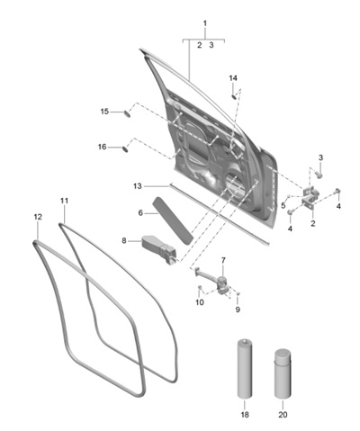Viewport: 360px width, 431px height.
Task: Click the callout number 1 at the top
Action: pyautogui.click(x=205, y=23)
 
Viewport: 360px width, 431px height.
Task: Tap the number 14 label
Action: pyautogui.click(x=233, y=78)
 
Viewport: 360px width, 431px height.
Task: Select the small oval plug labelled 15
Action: pyautogui.click(x=127, y=113)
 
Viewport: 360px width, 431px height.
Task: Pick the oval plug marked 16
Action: pyautogui.click(x=124, y=148)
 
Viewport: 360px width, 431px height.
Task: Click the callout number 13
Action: pyautogui.click(x=138, y=186)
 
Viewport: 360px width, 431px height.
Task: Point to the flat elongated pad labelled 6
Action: pyautogui.click(x=173, y=220)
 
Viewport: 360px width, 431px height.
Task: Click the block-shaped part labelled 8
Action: pyautogui.click(x=158, y=249)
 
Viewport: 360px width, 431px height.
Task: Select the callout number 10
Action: pyautogui.click(x=200, y=302)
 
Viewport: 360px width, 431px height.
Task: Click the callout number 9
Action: pyautogui.click(x=238, y=310)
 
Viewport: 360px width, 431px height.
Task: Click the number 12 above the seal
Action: pyautogui.click(x=38, y=217)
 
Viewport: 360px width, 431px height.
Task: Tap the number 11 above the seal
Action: pyautogui.click(x=64, y=201)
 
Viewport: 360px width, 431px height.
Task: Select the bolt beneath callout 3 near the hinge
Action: pyautogui.click(x=319, y=174)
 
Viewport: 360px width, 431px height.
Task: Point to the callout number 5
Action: pyautogui.click(x=283, y=206)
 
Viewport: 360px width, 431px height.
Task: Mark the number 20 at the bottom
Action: pyautogui.click(x=283, y=415)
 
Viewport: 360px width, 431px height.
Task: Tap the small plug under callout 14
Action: pyautogui.click(x=234, y=96)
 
